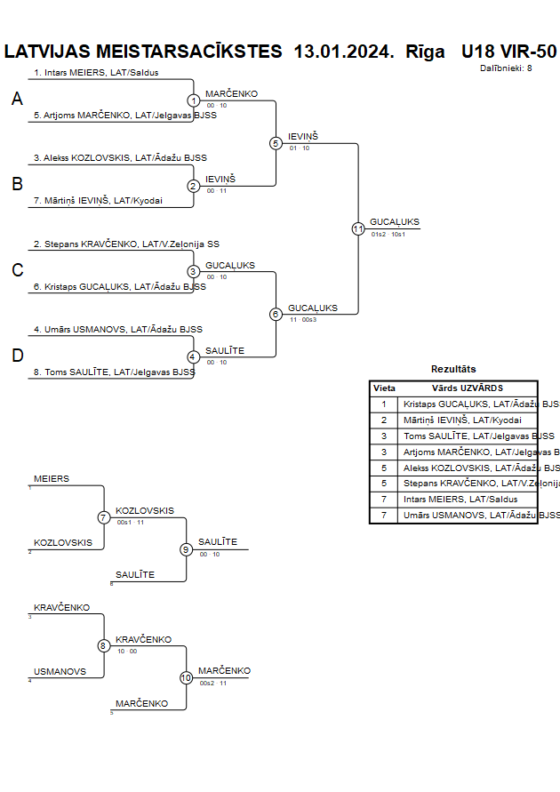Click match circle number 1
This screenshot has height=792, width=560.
(x=194, y=101)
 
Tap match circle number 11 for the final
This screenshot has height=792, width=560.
(x=358, y=228)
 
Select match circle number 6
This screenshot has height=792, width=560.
(x=276, y=314)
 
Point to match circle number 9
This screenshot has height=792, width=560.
(x=187, y=549)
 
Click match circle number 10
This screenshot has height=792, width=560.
(x=187, y=677)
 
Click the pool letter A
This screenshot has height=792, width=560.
(x=17, y=100)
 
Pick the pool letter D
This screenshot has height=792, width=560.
(x=17, y=356)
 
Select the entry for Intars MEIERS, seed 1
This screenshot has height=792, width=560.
(x=96, y=72)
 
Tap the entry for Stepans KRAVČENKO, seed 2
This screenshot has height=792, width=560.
(x=126, y=244)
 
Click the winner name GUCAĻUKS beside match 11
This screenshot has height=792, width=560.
(x=395, y=222)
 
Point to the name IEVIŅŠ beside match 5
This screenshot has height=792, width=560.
(x=302, y=136)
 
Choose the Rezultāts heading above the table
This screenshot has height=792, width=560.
(x=453, y=368)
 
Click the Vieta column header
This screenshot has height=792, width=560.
(x=384, y=388)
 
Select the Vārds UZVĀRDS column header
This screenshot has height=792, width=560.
(x=468, y=388)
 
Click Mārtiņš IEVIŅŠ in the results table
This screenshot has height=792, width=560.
(x=462, y=420)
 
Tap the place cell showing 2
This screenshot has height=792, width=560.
(x=384, y=420)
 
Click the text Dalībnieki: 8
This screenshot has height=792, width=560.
(x=506, y=68)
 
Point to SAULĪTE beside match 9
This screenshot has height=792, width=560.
(x=218, y=542)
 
